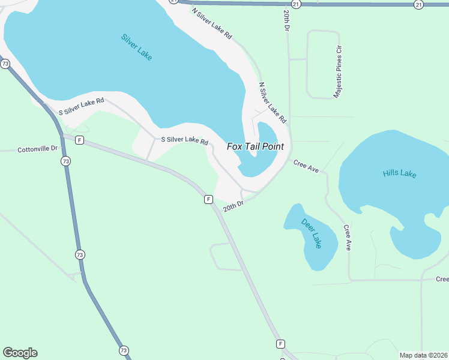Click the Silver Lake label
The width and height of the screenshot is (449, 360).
tap(136, 47)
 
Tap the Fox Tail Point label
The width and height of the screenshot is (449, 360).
tap(255, 146)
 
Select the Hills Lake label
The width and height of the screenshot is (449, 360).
tap(399, 174)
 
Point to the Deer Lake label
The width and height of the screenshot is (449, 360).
tap(312, 233)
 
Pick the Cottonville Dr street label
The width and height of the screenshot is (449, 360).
tap(38, 149)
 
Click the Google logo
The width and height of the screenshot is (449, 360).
tap(20, 353)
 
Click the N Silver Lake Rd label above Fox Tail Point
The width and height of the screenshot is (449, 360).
tap(273, 103)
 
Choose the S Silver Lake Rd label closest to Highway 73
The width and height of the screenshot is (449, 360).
tap(81, 106)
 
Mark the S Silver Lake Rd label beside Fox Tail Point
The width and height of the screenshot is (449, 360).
tap(185, 140)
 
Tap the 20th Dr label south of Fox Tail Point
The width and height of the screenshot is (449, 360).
tap(233, 206)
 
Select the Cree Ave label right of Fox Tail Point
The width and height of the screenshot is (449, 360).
tap(306, 165)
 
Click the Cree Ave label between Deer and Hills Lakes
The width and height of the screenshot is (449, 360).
tap(347, 238)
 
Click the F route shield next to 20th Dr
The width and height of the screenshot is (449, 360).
tap(208, 199)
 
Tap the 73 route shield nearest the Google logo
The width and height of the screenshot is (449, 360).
tap(124, 350)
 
